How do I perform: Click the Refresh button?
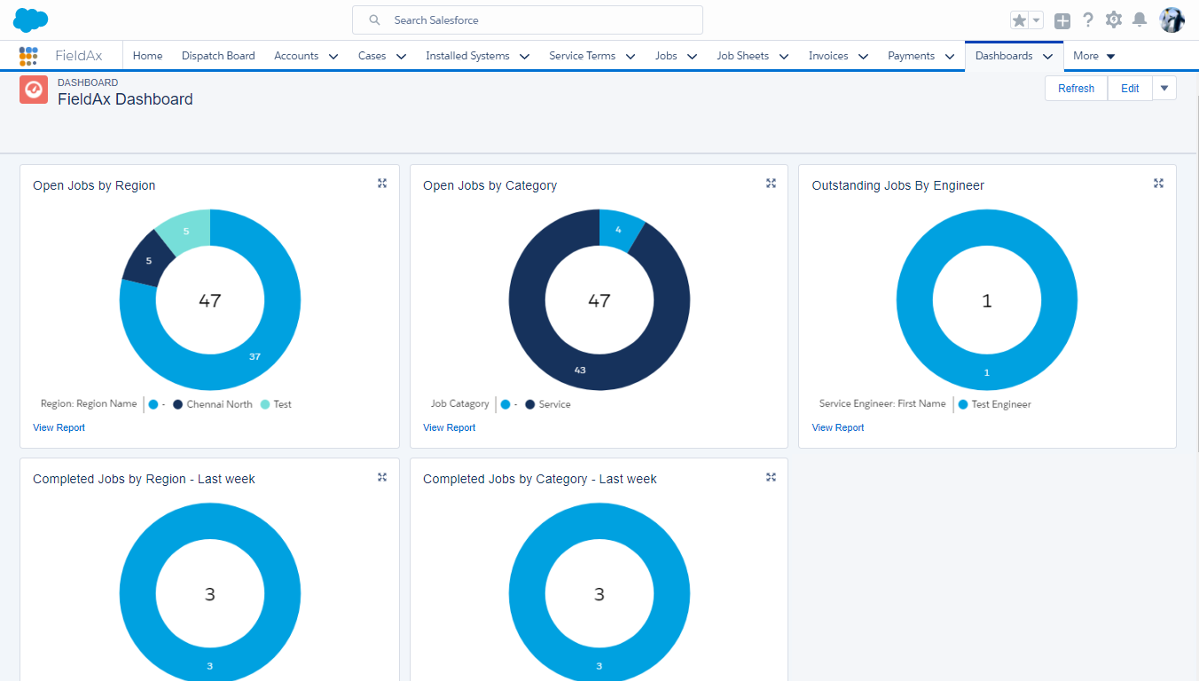point(1076,89)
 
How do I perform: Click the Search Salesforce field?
point(527,20)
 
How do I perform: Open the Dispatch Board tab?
point(218,56)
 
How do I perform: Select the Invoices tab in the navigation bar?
point(828,56)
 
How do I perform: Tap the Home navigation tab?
point(147,56)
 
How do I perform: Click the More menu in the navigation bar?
point(1093,56)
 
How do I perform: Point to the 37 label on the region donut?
point(255,356)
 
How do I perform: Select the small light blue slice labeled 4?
point(618,231)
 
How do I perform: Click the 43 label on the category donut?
point(580,370)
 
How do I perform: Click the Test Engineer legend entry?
point(1000,404)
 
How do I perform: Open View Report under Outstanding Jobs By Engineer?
point(837,427)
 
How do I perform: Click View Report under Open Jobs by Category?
point(449,427)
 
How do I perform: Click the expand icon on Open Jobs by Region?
point(382,184)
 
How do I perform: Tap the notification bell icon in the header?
point(1140,20)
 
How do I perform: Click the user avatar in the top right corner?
point(1172,20)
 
